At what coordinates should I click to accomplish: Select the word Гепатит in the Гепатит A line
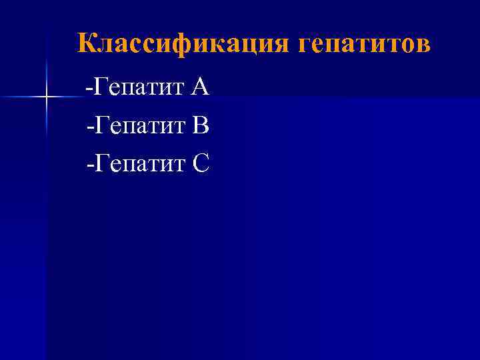point(138,87)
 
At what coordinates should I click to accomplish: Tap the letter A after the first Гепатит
point(199,86)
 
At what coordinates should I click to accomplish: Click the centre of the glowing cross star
point(47,98)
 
